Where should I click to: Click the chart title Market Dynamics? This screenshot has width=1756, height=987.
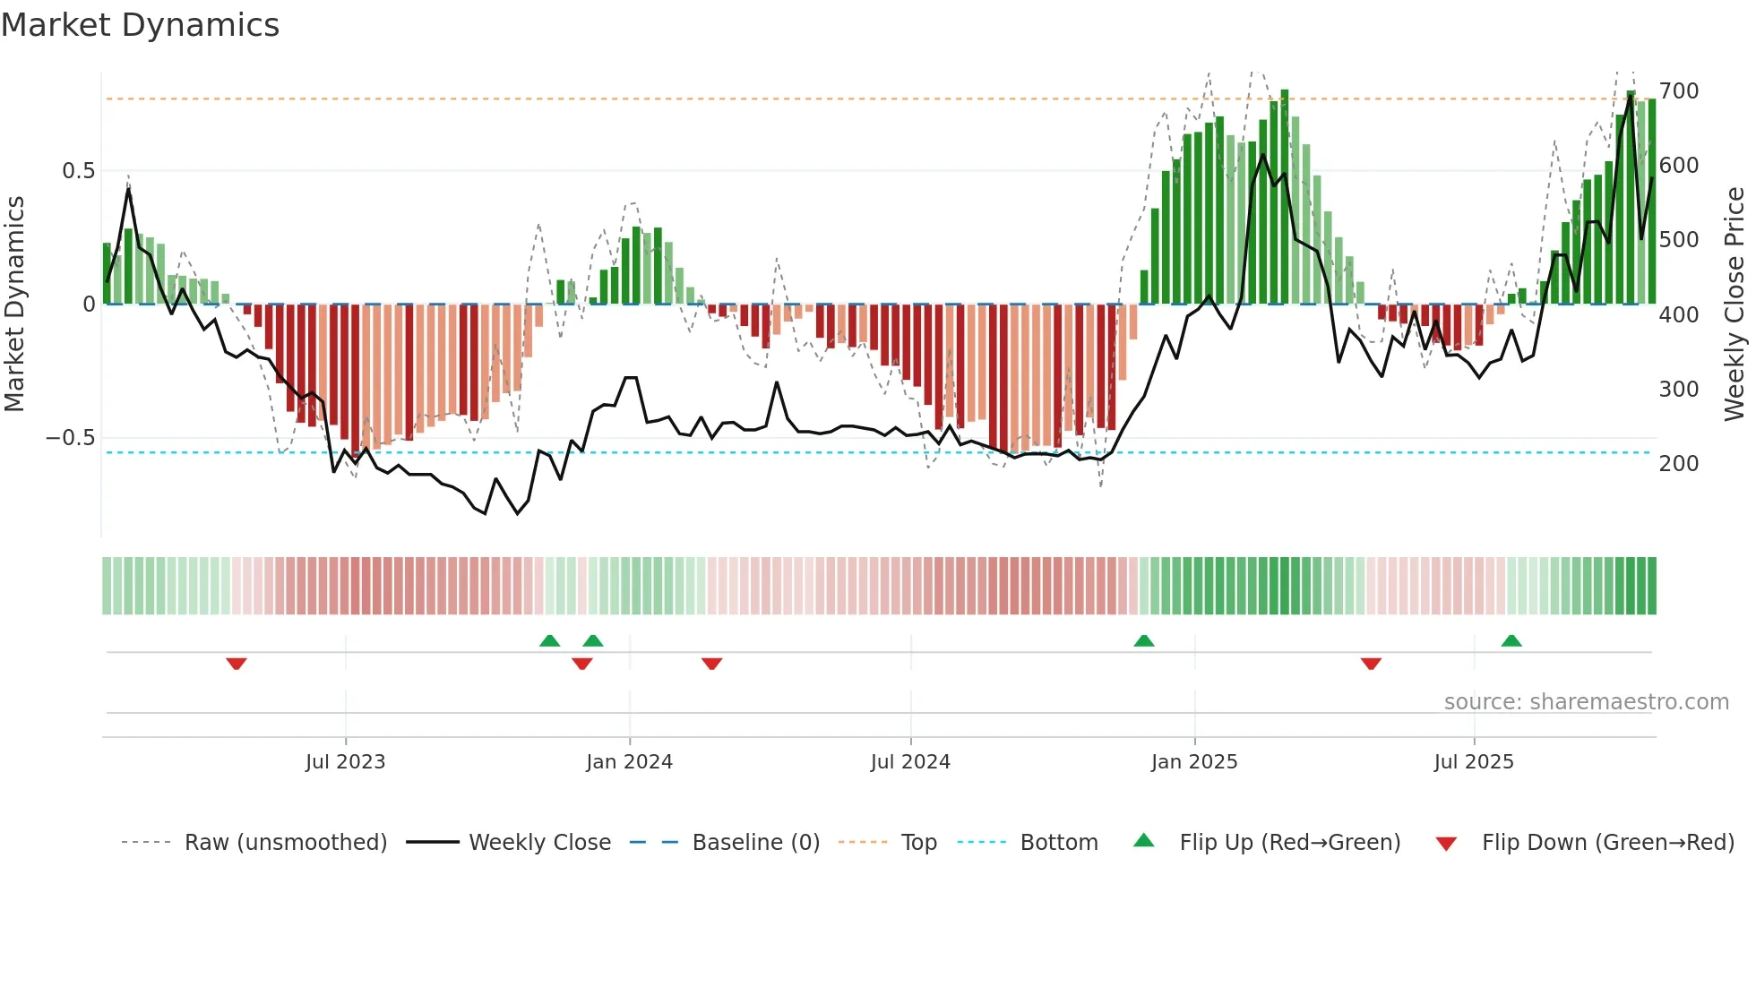point(140,25)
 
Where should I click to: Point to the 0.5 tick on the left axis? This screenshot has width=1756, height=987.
point(78,171)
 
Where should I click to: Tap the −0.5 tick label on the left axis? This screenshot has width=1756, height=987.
point(71,438)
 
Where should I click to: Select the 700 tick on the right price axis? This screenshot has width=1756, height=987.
point(1679,91)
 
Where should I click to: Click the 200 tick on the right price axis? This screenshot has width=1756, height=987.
point(1679,464)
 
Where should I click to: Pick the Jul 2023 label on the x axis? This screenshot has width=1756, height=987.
point(345,762)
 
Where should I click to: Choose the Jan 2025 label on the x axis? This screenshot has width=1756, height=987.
point(1194,762)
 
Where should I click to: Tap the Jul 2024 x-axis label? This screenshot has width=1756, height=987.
point(910,762)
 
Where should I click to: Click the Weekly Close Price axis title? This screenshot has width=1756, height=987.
point(1734,305)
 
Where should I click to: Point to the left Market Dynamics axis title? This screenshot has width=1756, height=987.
point(15,305)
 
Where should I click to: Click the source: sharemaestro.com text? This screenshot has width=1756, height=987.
point(1586,702)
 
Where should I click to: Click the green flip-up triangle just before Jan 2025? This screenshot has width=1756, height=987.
point(1144,640)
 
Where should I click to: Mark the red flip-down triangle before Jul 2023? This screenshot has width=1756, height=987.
point(237,664)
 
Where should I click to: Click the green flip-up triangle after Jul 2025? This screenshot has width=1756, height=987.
point(1511,640)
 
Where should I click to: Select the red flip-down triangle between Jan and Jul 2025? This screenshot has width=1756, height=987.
point(1371,664)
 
